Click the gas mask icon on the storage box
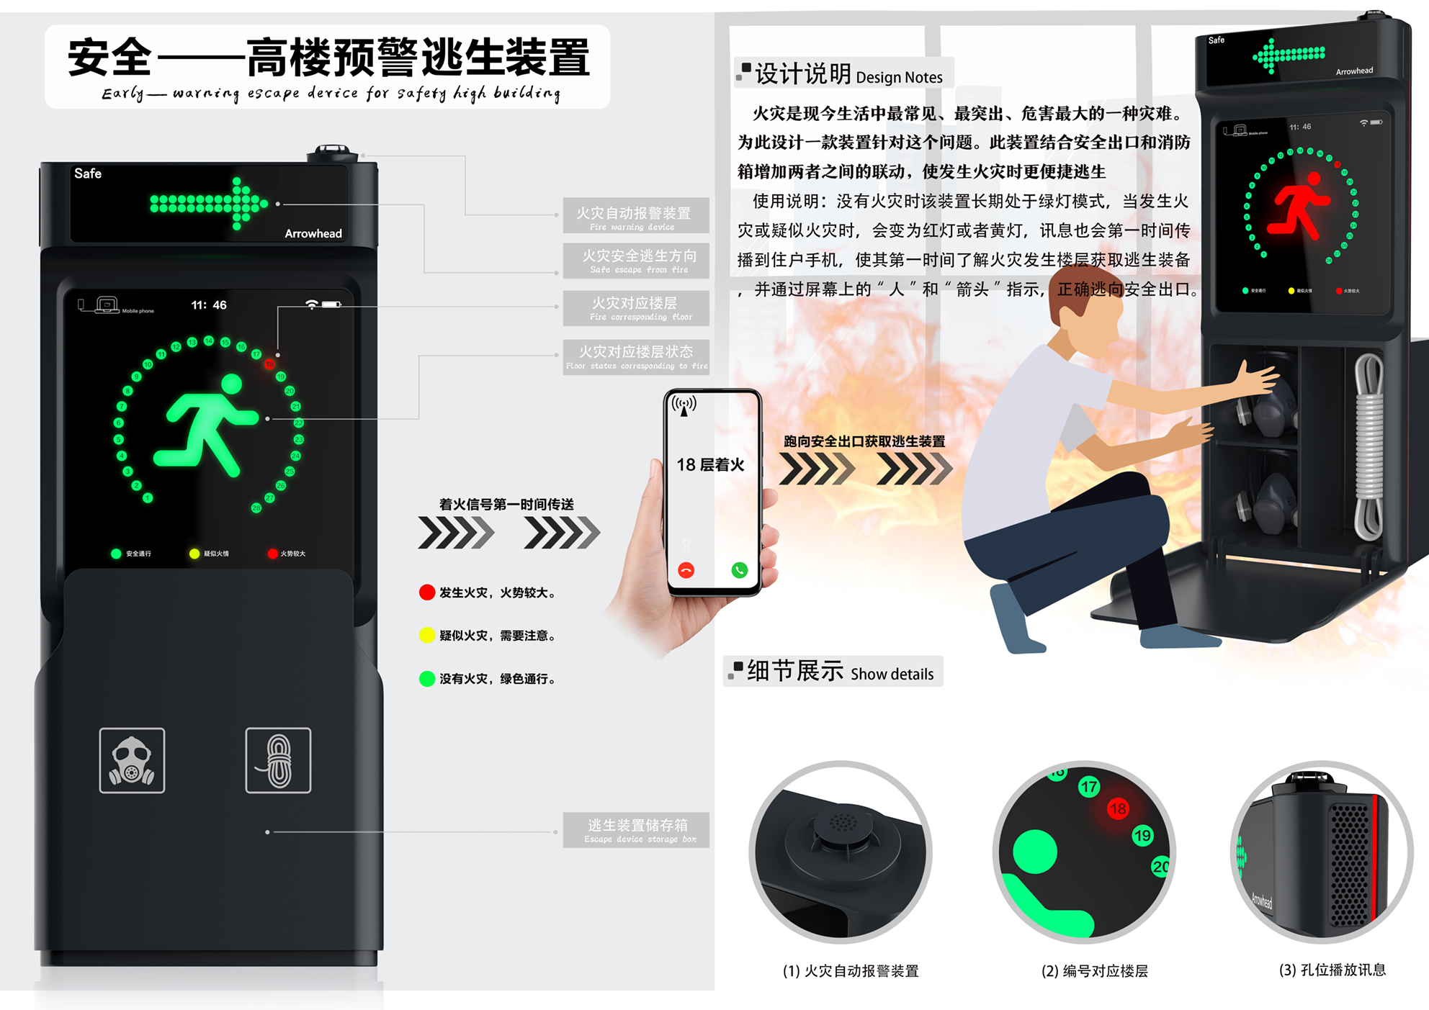[x=132, y=761]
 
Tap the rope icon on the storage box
[x=278, y=761]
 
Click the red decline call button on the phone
[x=686, y=570]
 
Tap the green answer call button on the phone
[x=739, y=570]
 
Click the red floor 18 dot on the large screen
[x=269, y=364]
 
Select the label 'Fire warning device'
[x=635, y=215]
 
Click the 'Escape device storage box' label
[x=637, y=830]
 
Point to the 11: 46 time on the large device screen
[x=209, y=305]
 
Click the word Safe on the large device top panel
[x=88, y=173]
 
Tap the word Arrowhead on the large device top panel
[x=313, y=233]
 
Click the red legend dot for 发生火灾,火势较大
[x=427, y=592]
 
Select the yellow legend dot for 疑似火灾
[x=427, y=635]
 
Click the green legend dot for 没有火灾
[x=427, y=679]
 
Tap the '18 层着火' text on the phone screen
[x=710, y=465]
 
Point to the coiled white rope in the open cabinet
[x=1368, y=446]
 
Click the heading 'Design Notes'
[x=899, y=77]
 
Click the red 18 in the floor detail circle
[x=1118, y=808]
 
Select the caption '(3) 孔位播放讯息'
[x=1332, y=970]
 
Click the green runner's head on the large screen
[x=232, y=384]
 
